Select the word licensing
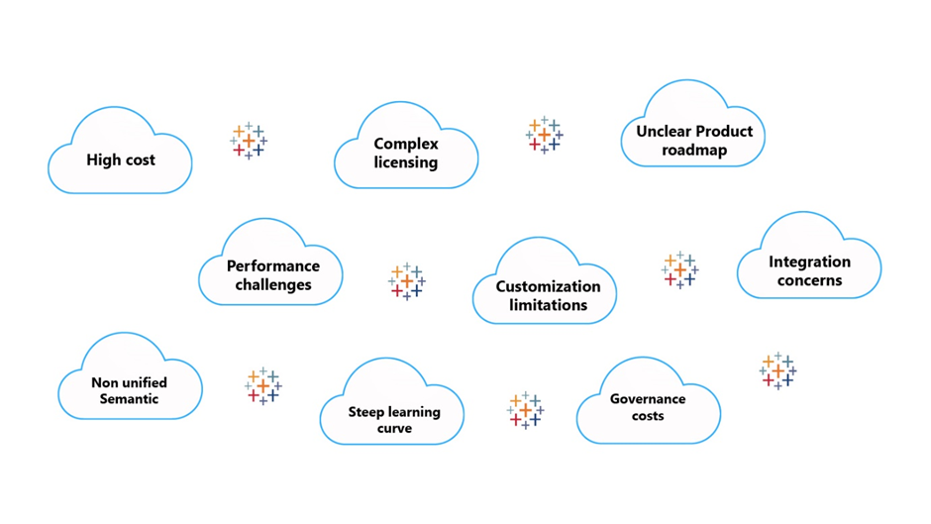pyautogui.click(x=406, y=162)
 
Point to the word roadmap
pyautogui.click(x=694, y=151)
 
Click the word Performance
pyautogui.click(x=273, y=265)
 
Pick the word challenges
pyautogui.click(x=273, y=284)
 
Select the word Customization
pyautogui.click(x=548, y=286)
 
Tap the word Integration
pyautogui.click(x=809, y=262)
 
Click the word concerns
pyautogui.click(x=809, y=280)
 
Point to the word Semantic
pyautogui.click(x=129, y=398)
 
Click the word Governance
pyautogui.click(x=648, y=399)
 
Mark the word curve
pyautogui.click(x=394, y=428)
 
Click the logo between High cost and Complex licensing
pyautogui.click(x=249, y=141)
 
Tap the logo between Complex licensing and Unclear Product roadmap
pyautogui.click(x=545, y=135)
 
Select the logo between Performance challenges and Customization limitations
pyautogui.click(x=407, y=281)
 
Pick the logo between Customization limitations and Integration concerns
pyautogui.click(x=679, y=270)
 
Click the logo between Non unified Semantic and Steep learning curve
pyautogui.click(x=263, y=386)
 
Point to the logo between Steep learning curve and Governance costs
pyautogui.click(x=526, y=410)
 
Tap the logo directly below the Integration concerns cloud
pyautogui.click(x=777, y=370)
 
